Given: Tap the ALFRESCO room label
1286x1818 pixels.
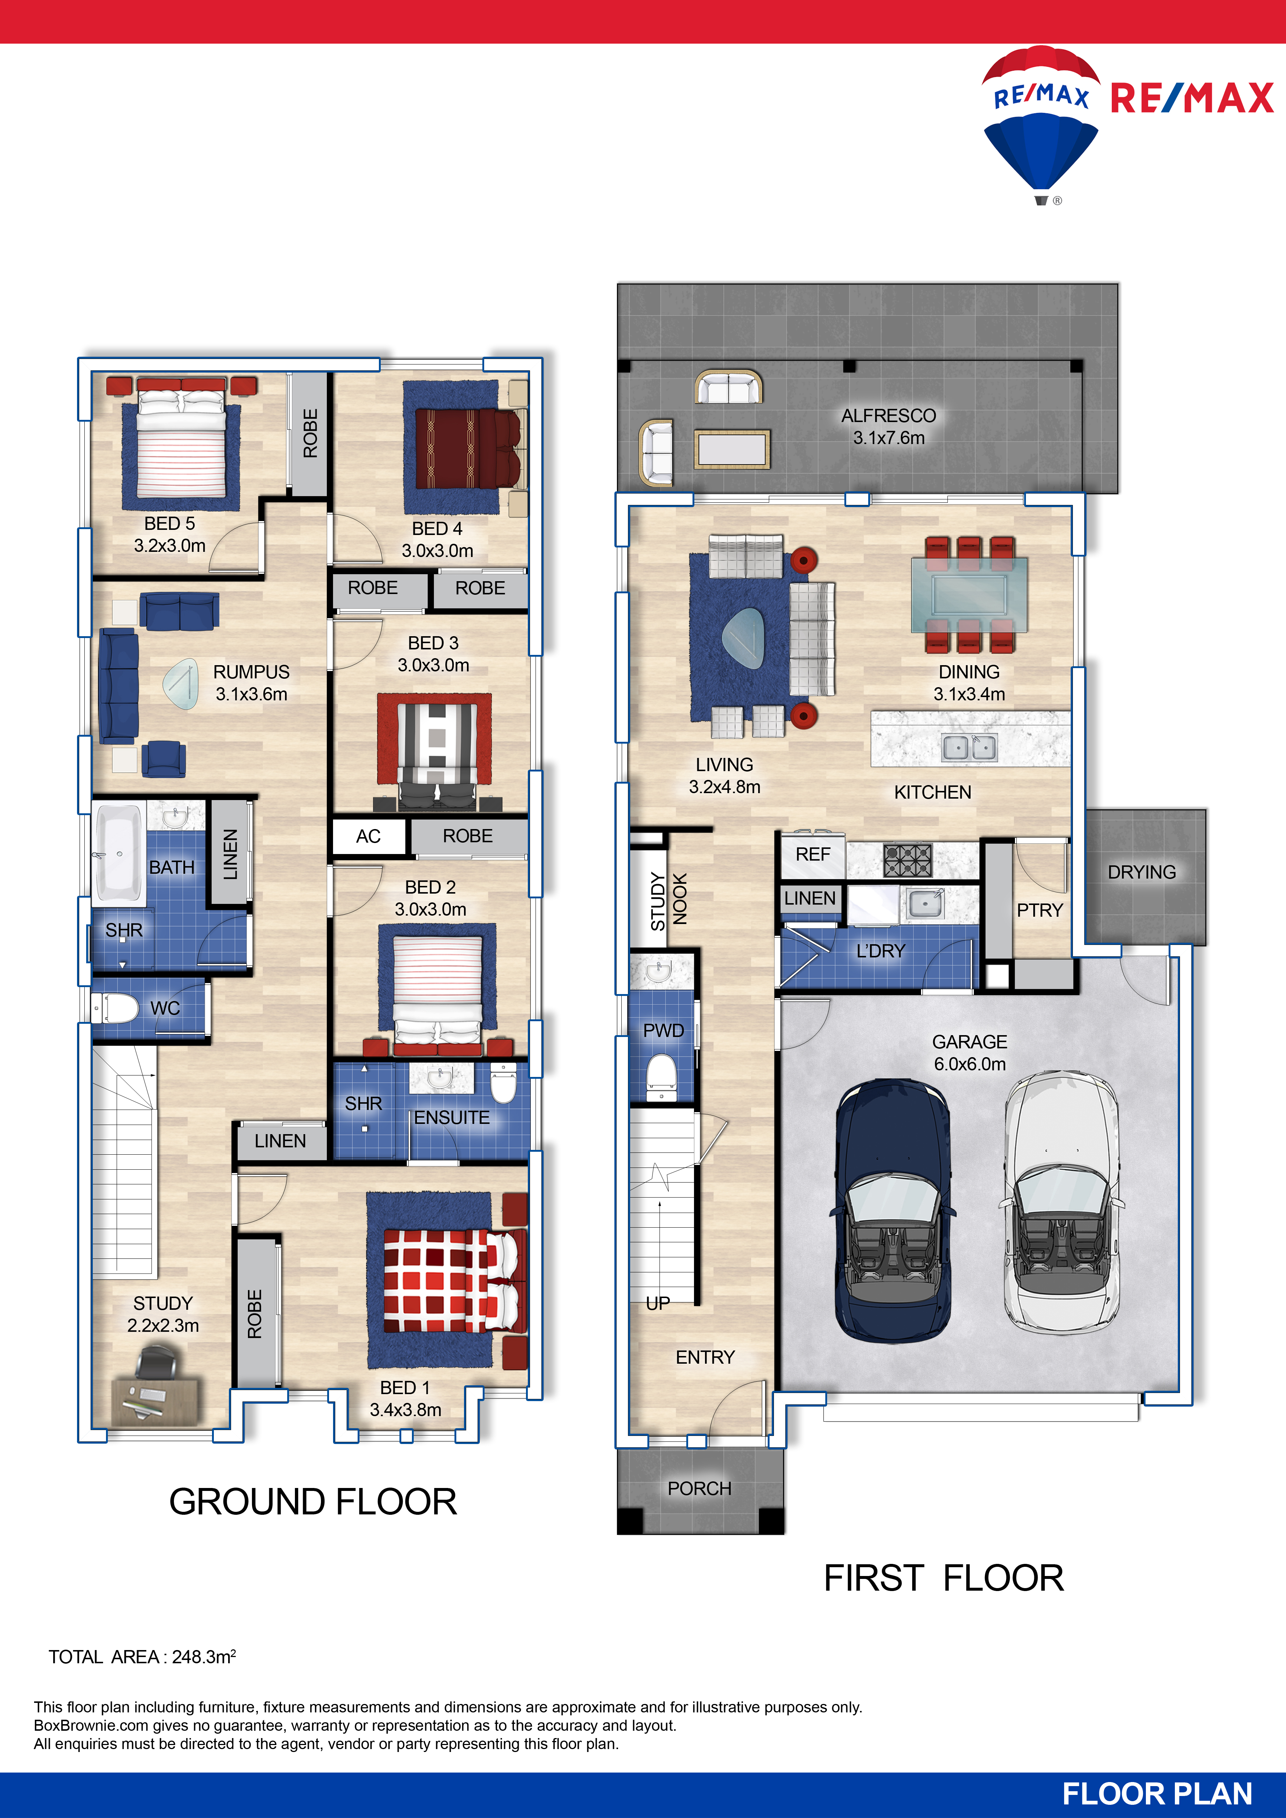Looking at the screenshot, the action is (888, 416).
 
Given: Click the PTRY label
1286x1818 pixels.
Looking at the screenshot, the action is (1040, 910).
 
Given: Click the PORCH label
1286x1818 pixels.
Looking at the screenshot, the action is (699, 1489).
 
